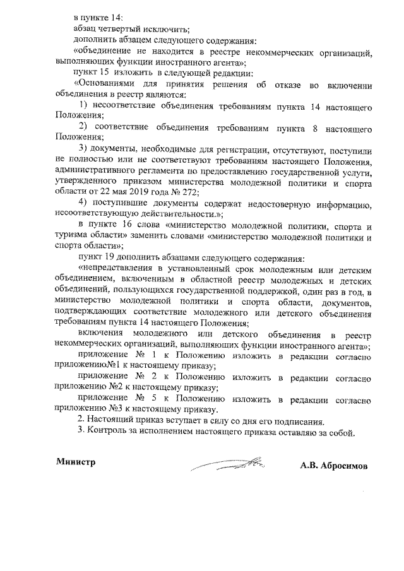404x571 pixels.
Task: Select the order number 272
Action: [188, 191]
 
